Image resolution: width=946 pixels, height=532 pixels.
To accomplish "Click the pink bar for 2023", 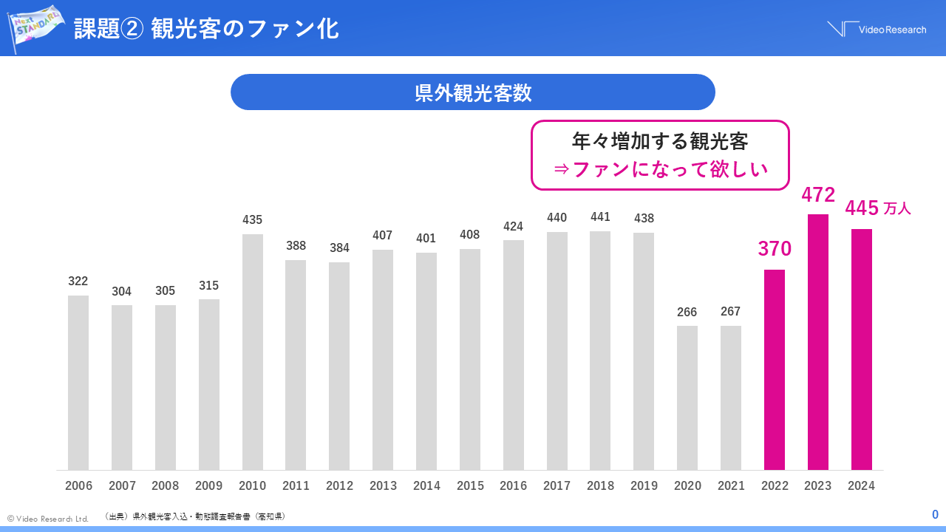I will [x=817, y=342].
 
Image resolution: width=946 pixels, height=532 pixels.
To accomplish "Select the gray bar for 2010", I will [x=253, y=352].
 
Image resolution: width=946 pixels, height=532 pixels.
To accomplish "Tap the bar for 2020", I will [x=687, y=398].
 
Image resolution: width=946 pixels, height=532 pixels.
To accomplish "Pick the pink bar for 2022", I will [x=775, y=369].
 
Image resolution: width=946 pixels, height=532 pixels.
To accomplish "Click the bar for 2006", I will [x=78, y=383].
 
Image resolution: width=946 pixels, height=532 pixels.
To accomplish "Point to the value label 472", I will [x=818, y=195].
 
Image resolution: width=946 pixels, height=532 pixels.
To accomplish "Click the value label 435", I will [x=252, y=219].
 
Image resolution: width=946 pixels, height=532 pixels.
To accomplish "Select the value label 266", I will [x=687, y=312].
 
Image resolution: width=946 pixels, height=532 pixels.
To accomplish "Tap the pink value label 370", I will [x=775, y=249].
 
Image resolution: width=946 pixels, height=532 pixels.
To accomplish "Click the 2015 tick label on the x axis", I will [x=470, y=486].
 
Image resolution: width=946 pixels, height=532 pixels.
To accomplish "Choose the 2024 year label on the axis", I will [x=862, y=486].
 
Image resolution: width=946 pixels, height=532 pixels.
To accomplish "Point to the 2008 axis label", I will [x=166, y=486].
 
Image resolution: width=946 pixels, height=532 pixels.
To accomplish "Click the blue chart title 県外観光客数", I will [x=473, y=92].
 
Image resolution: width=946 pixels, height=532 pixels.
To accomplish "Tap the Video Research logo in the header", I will [x=877, y=29].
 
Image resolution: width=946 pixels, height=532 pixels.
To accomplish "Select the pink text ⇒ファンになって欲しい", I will [x=661, y=169].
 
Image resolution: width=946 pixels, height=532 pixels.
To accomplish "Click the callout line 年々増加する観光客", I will [x=661, y=140].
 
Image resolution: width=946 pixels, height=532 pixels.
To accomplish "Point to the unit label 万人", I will [x=897, y=209].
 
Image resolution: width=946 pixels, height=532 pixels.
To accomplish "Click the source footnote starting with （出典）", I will [x=195, y=516].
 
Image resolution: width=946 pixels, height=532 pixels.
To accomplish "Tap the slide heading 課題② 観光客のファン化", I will [x=206, y=29].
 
